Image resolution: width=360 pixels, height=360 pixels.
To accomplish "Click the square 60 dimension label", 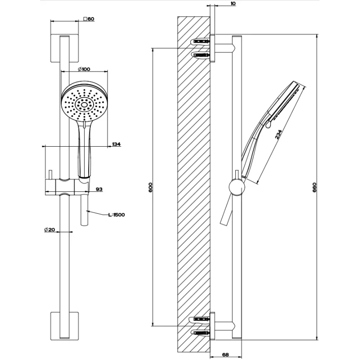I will click(89, 19).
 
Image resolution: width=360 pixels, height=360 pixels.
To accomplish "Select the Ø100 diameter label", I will click(84, 69).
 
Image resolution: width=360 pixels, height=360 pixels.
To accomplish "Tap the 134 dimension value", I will click(117, 144).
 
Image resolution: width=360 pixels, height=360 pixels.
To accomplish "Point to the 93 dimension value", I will click(99, 189).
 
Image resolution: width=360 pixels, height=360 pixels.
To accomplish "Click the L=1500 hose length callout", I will click(116, 215).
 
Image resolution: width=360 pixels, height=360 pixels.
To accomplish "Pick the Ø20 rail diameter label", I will click(49, 229).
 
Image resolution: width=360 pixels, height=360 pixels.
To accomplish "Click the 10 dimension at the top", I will click(233, 4).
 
